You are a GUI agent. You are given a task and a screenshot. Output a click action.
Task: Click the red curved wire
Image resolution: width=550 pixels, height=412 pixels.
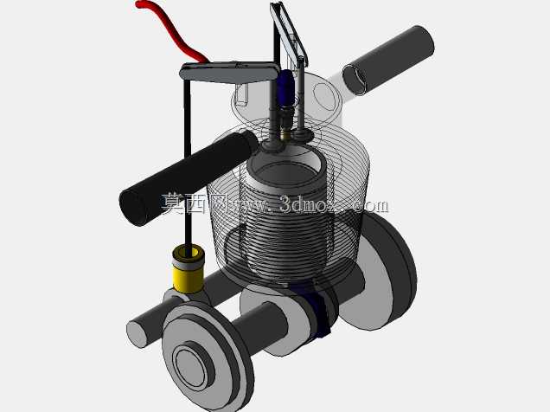click(171, 29)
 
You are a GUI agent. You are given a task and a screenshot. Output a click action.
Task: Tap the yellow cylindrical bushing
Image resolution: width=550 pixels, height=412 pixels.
click(189, 275)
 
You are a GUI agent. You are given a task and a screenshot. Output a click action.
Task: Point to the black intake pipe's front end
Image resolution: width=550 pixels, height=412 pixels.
click(134, 208)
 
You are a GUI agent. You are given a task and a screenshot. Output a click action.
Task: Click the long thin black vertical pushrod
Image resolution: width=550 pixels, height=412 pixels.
click(188, 165)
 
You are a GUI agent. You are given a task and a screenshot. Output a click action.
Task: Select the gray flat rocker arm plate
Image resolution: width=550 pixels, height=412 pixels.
click(229, 73)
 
